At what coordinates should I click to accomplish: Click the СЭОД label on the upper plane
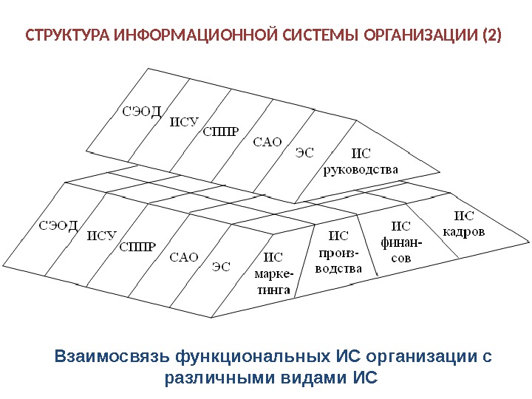tap(141, 112)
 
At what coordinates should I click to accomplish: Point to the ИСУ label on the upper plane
tap(185, 123)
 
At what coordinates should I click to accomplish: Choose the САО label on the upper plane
tap(267, 142)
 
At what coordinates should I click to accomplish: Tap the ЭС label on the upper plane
tap(304, 153)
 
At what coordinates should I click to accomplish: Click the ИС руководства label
tap(361, 162)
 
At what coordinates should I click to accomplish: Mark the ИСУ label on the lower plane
tap(102, 236)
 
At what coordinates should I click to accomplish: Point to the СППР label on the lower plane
tap(137, 246)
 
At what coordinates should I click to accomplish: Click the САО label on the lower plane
tap(184, 257)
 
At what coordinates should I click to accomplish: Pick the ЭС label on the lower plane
tap(221, 266)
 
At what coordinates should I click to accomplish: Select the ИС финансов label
tap(401, 242)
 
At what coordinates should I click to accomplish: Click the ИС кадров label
tap(463, 223)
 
